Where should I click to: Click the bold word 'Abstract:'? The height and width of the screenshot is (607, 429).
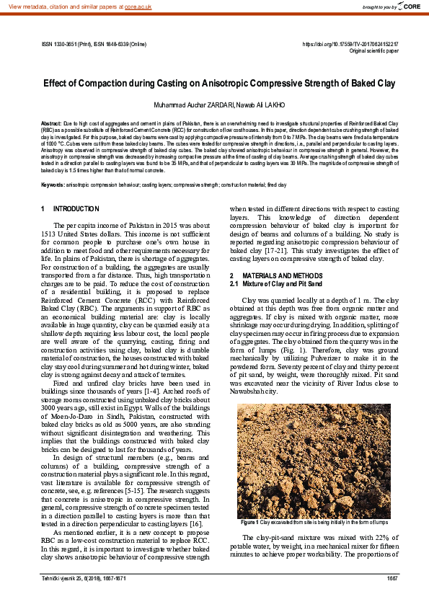pyautogui.click(x=51, y=124)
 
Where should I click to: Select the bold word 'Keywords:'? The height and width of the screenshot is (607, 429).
pyautogui.click(x=53, y=185)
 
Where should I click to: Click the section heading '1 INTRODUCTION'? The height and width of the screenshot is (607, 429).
pyautogui.click(x=70, y=209)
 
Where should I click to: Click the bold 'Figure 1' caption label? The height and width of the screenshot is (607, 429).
pyautogui.click(x=249, y=522)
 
